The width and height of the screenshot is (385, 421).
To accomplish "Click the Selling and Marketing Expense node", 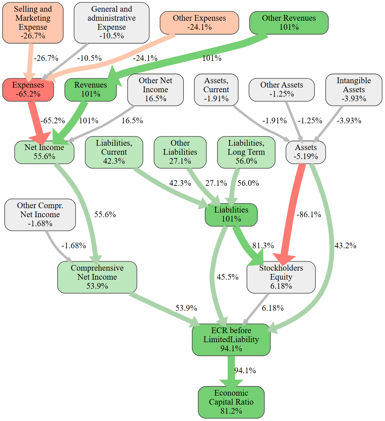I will pyautogui.click(x=33, y=23).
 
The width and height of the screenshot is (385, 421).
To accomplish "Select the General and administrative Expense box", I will pyautogui.click(x=112, y=23).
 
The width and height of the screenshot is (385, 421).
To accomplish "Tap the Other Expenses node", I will pyautogui.click(x=199, y=23).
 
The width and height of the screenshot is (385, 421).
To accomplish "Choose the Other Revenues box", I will pyautogui.click(x=289, y=23).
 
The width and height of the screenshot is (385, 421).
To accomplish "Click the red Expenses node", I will pyautogui.click(x=28, y=90).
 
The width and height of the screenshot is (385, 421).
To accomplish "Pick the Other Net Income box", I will pyautogui.click(x=155, y=90).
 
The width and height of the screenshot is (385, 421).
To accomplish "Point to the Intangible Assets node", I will pyautogui.click(x=354, y=90).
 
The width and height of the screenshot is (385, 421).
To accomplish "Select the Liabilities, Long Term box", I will pyautogui.click(x=246, y=152).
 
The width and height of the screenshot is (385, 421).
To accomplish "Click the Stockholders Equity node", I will pyautogui.click(x=281, y=277).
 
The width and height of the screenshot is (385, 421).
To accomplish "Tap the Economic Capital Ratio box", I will pyautogui.click(x=231, y=402).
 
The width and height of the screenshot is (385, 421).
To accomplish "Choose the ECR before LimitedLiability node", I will pyautogui.click(x=231, y=339).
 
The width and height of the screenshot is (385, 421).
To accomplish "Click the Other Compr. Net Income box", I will pyautogui.click(x=40, y=215).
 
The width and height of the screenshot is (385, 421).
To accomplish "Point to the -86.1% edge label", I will pyautogui.click(x=309, y=215).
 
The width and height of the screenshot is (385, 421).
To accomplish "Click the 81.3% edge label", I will pyautogui.click(x=263, y=246).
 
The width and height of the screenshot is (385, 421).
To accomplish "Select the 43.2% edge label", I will pyautogui.click(x=345, y=246).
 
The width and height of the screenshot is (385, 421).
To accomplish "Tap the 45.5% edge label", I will pyautogui.click(x=228, y=277).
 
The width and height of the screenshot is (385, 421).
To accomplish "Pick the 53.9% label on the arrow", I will pyautogui.click(x=186, y=308).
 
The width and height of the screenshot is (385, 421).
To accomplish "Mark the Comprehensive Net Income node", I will pyautogui.click(x=97, y=277).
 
